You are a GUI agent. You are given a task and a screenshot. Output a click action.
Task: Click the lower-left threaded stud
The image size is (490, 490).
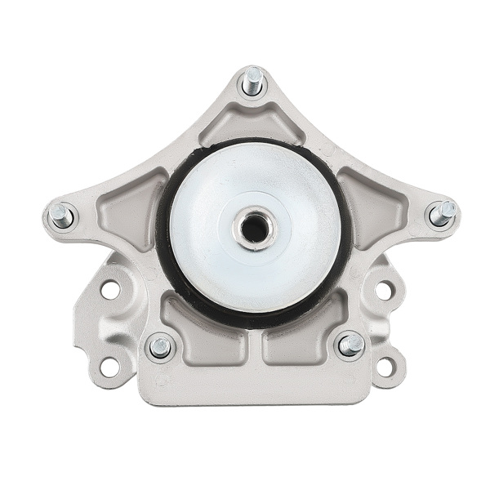160,347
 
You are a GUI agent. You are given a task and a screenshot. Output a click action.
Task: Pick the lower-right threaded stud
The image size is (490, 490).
351,345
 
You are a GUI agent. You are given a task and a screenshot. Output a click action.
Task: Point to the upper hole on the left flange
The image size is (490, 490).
110,288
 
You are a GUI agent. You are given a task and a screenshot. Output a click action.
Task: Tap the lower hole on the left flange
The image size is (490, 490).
109,367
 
